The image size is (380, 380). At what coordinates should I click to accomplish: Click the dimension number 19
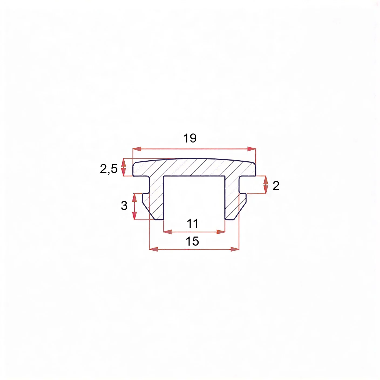(x=190, y=138)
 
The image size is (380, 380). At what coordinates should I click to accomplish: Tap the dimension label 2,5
(x=109, y=169)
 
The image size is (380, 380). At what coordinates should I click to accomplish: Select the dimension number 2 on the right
(x=276, y=186)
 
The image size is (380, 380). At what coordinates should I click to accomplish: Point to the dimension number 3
(x=124, y=205)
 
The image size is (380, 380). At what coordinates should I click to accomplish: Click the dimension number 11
(x=192, y=223)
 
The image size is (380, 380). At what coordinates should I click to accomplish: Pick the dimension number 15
(x=192, y=241)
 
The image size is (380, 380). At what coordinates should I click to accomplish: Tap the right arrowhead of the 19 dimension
(x=252, y=149)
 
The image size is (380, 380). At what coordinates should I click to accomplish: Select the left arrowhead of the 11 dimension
(x=168, y=232)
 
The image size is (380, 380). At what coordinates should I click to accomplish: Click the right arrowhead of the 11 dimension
(x=221, y=232)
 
